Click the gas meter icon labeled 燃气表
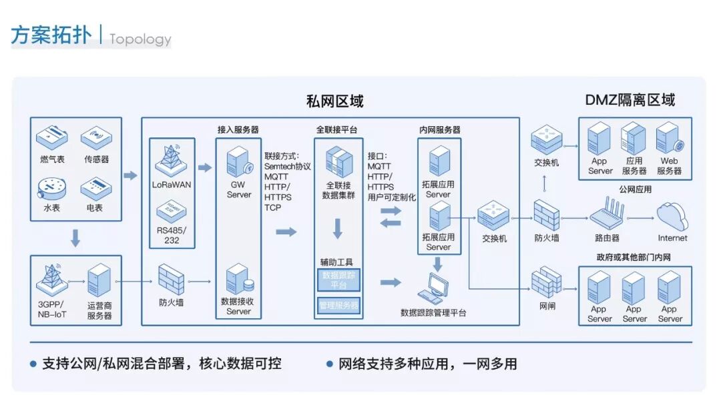pos(53,138)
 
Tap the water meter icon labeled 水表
pos(53,187)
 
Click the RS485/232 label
pos(172,236)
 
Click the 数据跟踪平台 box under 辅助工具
pos(338,280)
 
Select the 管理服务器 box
pos(338,306)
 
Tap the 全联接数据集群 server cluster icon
pos(338,163)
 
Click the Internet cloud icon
pos(672,217)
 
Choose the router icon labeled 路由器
pos(607,216)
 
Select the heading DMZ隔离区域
pos(630,100)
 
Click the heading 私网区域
pos(334,101)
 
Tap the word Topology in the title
pos(140,39)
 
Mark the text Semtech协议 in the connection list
pos(288,166)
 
